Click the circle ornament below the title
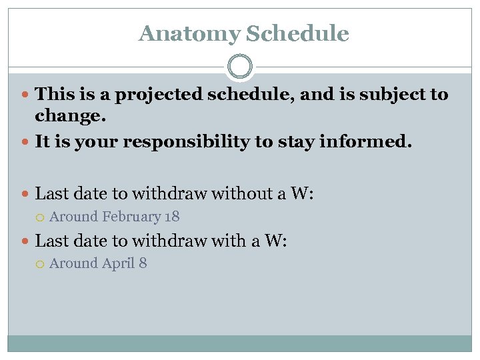coord(240,67)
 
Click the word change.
coord(70,116)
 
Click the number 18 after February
coord(172,217)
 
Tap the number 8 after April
coord(143,263)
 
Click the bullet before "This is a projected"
coord(25,95)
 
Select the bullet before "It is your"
coord(25,142)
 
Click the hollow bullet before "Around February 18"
coord(41,217)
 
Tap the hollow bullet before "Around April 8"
coord(41,264)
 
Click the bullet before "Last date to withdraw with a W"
coord(25,241)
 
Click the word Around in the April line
coord(74,263)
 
